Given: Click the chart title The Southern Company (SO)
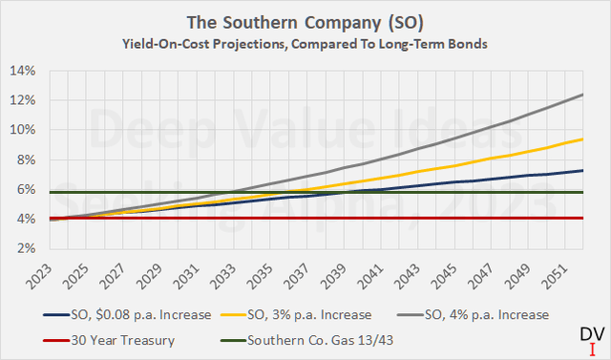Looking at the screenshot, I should point(305,21).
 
